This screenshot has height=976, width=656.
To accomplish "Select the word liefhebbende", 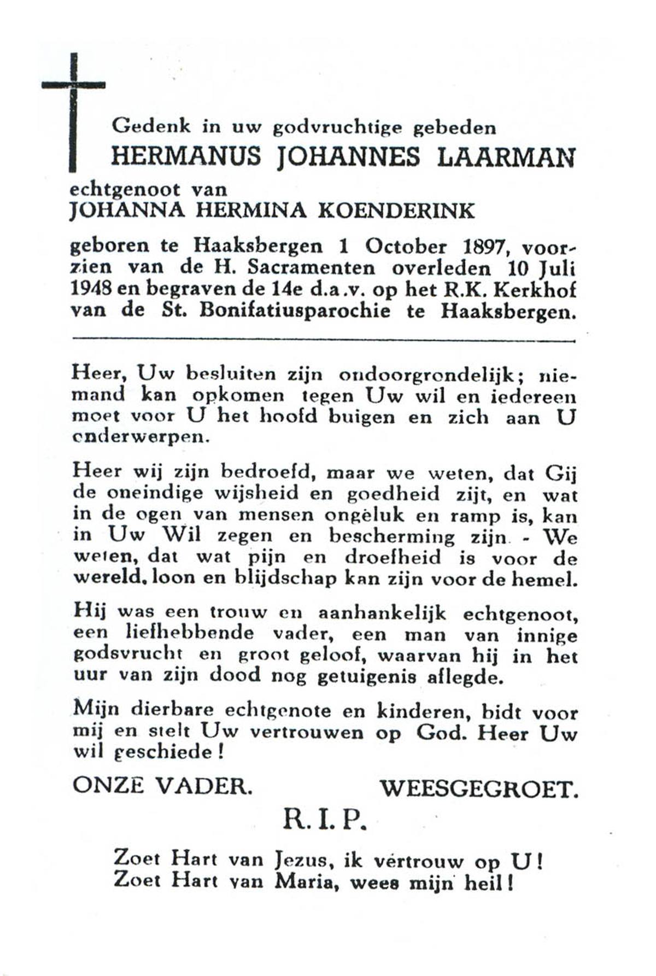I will click(190, 634).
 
